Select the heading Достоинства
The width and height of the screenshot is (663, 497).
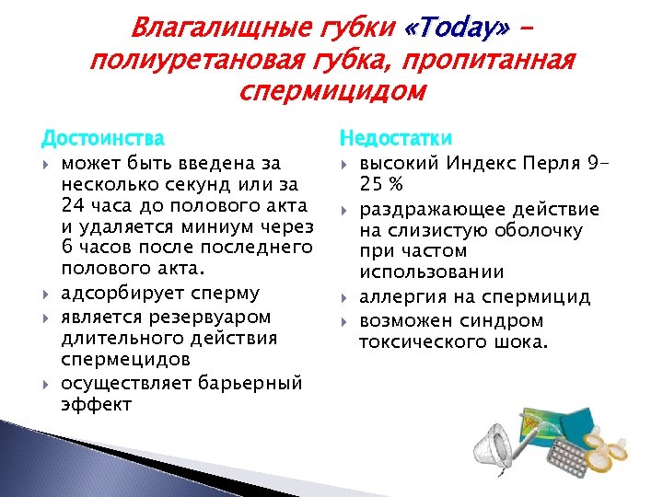102,139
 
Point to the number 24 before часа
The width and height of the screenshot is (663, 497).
74,206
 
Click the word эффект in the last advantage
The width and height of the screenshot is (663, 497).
97,405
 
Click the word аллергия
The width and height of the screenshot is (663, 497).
398,297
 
